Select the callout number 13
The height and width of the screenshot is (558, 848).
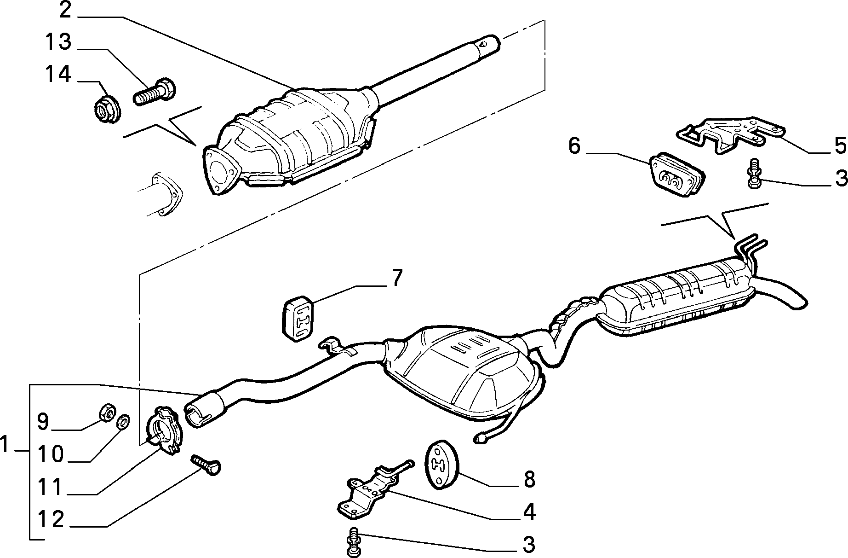coord(58,41)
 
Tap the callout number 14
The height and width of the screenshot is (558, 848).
coord(58,74)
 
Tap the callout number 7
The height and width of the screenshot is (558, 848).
coord(396,278)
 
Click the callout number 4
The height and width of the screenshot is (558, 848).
coord(529,511)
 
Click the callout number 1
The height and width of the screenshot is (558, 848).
coord(5,445)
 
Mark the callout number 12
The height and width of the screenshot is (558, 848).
coord(51,519)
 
